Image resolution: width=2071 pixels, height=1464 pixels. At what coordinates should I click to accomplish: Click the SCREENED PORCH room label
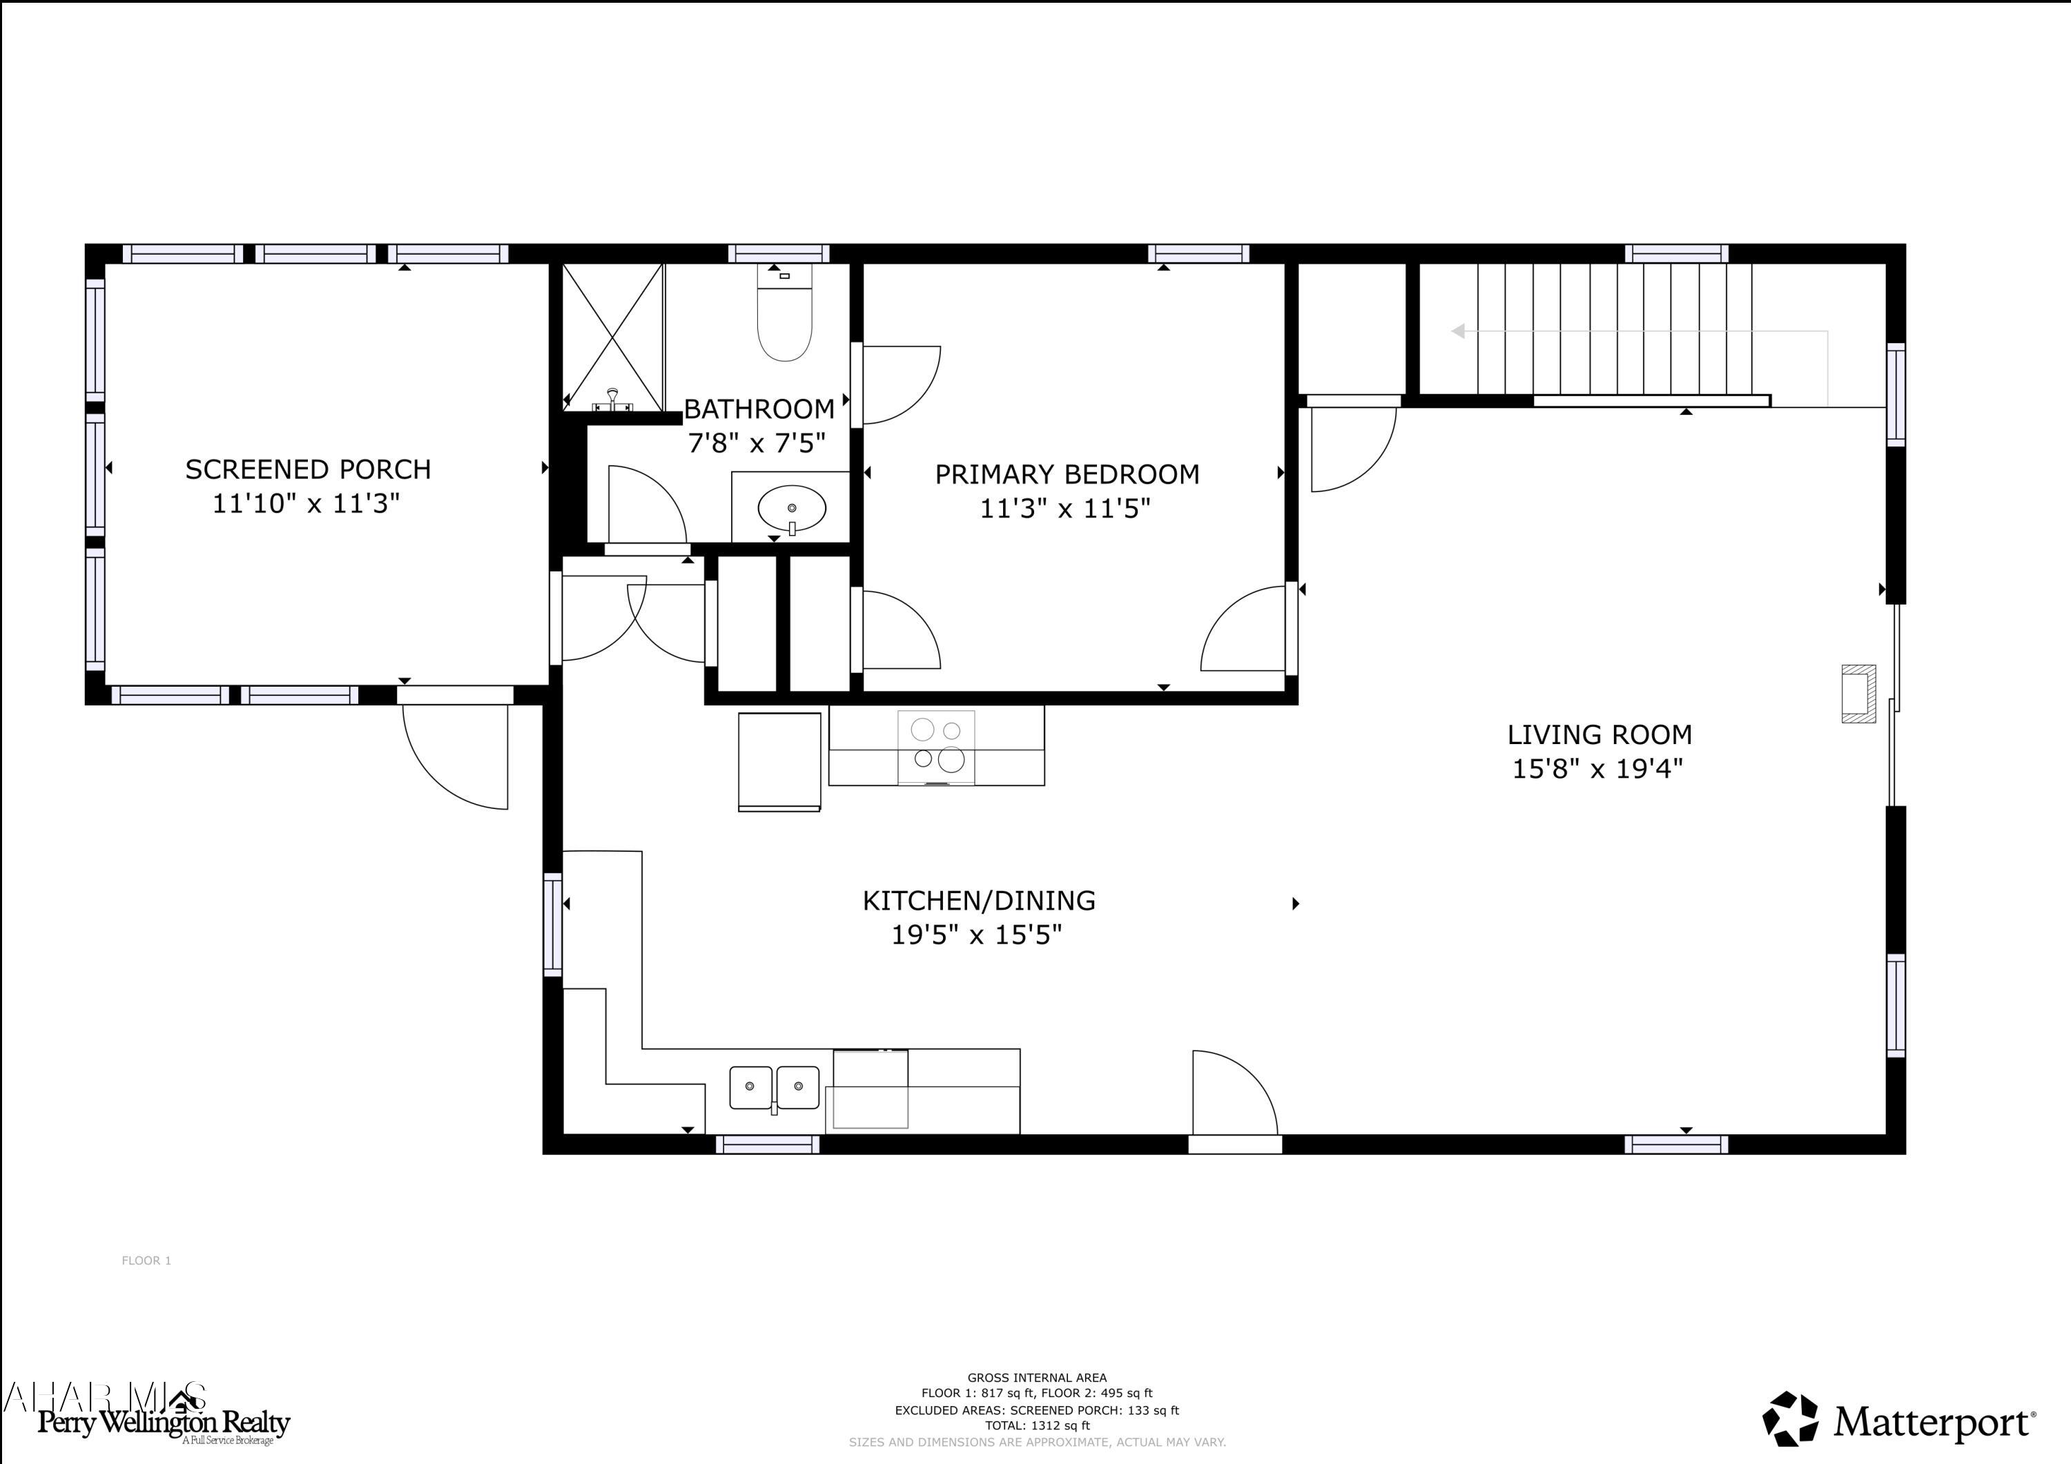click(x=308, y=469)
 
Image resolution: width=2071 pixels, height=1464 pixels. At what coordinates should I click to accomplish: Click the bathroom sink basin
click(x=791, y=509)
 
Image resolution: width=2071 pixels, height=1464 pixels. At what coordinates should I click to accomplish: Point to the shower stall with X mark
click(x=612, y=335)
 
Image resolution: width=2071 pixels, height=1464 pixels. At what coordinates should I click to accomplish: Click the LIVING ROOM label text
click(x=1600, y=734)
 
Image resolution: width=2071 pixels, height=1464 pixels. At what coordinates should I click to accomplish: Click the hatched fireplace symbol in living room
click(x=1858, y=694)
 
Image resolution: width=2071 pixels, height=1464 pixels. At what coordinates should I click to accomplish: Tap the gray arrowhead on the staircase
click(x=1457, y=331)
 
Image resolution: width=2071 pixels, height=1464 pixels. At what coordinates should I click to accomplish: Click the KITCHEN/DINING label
click(x=979, y=900)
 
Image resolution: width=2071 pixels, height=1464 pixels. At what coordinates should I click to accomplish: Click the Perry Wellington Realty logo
click(x=162, y=1423)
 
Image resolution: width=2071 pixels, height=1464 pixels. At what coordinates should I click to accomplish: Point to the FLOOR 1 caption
click(x=146, y=1260)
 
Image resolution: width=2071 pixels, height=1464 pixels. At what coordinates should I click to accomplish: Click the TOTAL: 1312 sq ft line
click(x=1036, y=1425)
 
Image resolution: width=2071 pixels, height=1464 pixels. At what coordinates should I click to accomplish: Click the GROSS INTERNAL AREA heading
click(x=1036, y=1378)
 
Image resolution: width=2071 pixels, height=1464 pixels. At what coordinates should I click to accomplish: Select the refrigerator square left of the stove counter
click(x=779, y=761)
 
